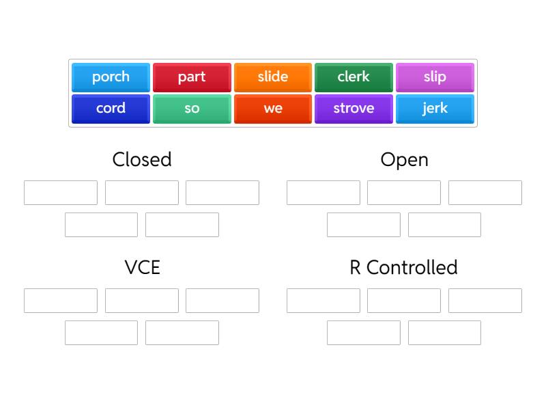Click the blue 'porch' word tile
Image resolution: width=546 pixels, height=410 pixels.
click(x=111, y=77)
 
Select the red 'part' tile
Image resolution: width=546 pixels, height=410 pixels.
click(x=192, y=77)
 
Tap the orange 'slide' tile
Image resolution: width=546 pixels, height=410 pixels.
click(x=273, y=77)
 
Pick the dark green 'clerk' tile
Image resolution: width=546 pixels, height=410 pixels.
click(x=354, y=77)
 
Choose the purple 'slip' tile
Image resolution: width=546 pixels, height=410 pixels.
click(x=435, y=77)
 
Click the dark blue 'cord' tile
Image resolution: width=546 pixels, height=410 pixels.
click(x=111, y=109)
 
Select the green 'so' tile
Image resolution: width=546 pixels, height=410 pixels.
click(x=192, y=109)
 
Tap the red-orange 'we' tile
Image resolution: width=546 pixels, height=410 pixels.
click(x=273, y=109)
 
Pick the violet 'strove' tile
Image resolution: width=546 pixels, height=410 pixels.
click(x=354, y=109)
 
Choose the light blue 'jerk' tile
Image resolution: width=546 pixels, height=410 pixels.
click(x=435, y=109)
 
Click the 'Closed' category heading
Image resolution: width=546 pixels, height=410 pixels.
click(x=142, y=159)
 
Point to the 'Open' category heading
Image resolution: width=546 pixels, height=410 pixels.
click(x=404, y=159)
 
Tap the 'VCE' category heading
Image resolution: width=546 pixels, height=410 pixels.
click(x=142, y=267)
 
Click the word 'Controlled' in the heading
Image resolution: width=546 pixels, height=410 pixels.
click(x=412, y=267)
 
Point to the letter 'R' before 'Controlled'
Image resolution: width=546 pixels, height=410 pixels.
click(x=355, y=267)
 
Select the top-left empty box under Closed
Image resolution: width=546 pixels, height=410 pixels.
click(x=61, y=193)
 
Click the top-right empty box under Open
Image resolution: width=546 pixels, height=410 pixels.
click(x=485, y=193)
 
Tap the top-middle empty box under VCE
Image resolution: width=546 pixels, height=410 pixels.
click(x=142, y=301)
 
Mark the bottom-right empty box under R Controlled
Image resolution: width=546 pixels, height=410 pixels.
click(x=444, y=333)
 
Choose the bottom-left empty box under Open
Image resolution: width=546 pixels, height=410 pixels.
click(x=364, y=225)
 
